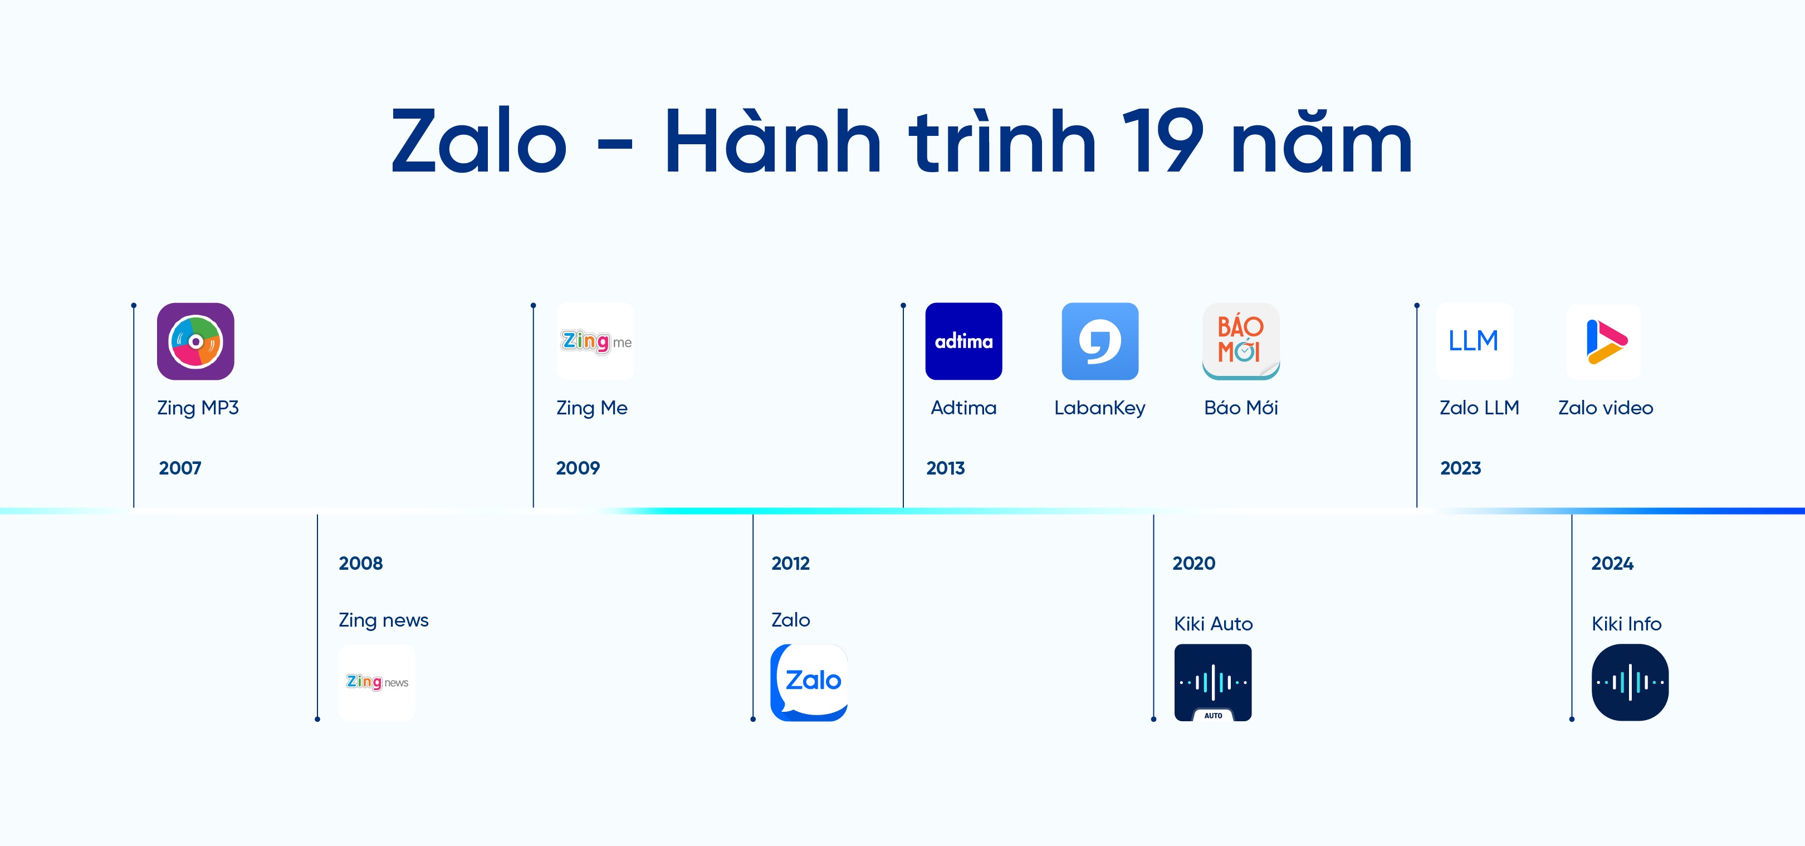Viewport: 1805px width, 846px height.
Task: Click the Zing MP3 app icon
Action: point(195,341)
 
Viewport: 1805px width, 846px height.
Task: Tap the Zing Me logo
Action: point(595,341)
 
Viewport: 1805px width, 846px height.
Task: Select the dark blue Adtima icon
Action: point(963,341)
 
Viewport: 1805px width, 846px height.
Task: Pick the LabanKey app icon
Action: point(1100,341)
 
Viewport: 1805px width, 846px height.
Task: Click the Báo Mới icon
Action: point(1241,341)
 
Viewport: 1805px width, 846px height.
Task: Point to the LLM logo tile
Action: point(1474,341)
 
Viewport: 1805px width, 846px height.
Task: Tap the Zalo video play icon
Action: point(1604,341)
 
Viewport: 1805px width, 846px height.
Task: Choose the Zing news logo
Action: point(377,682)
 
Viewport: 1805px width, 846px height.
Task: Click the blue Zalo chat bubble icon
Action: point(809,682)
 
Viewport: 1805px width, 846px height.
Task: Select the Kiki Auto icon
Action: point(1213,682)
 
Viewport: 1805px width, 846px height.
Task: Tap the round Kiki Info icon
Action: point(1630,682)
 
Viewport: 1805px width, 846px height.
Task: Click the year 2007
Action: point(180,468)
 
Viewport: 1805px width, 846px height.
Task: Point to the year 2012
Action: point(790,564)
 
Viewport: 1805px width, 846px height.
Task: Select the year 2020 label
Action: point(1194,564)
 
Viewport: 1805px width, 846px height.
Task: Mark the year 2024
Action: point(1612,564)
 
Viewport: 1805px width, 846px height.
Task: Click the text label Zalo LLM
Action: point(1479,408)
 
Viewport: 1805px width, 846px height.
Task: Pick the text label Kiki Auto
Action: point(1214,624)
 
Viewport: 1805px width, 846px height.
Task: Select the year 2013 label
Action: point(945,468)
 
